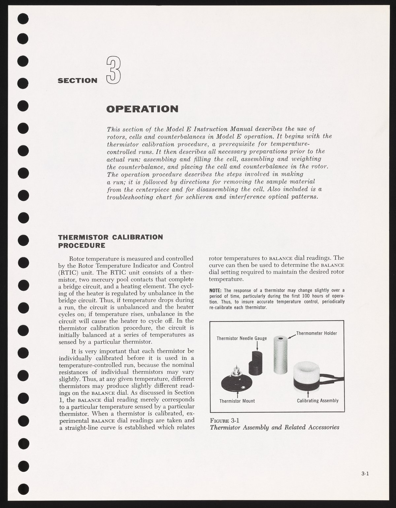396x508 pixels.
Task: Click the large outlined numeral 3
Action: click(x=113, y=71)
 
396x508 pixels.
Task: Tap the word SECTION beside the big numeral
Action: click(x=78, y=80)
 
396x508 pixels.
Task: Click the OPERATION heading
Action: click(x=142, y=109)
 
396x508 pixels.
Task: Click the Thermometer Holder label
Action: click(x=316, y=333)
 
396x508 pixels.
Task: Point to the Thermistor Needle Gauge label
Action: click(x=242, y=338)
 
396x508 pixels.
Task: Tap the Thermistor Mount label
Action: click(x=237, y=401)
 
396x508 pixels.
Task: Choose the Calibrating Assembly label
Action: click(x=318, y=401)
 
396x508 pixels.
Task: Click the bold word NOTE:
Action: click(x=216, y=291)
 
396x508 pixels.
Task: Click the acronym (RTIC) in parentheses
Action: click(x=69, y=273)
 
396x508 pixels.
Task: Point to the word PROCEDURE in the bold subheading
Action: click(x=82, y=245)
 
